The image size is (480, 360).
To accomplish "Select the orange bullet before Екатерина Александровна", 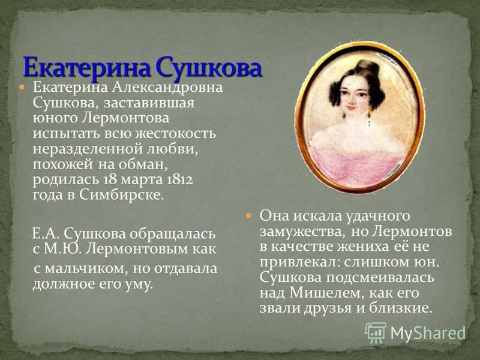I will (x=22, y=88).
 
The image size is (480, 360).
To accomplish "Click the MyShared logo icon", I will (x=376, y=332).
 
